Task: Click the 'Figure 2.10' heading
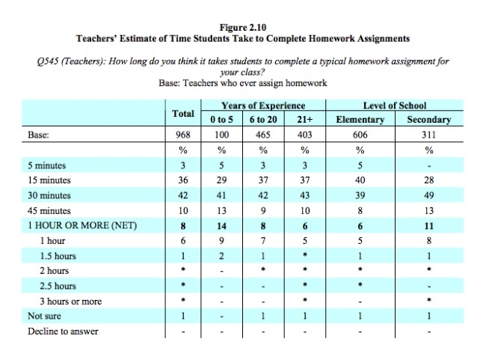[x=242, y=26]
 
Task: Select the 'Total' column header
[x=183, y=113]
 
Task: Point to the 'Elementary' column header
[x=360, y=120]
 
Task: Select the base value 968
[x=183, y=135]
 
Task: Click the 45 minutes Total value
[x=183, y=211]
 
